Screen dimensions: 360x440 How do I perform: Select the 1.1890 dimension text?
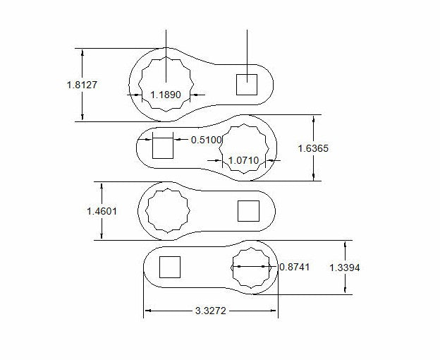(166, 94)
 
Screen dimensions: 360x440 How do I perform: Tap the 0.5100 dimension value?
(207, 140)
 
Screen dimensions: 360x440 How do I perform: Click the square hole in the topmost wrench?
(247, 85)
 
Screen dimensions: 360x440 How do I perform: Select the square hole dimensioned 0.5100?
(163, 148)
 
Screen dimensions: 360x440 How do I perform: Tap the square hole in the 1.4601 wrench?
(248, 210)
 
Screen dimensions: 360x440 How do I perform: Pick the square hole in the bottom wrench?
(170, 268)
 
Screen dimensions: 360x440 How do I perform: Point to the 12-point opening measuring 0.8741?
(252, 268)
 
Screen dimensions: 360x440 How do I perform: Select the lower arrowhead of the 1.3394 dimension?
(344, 289)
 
